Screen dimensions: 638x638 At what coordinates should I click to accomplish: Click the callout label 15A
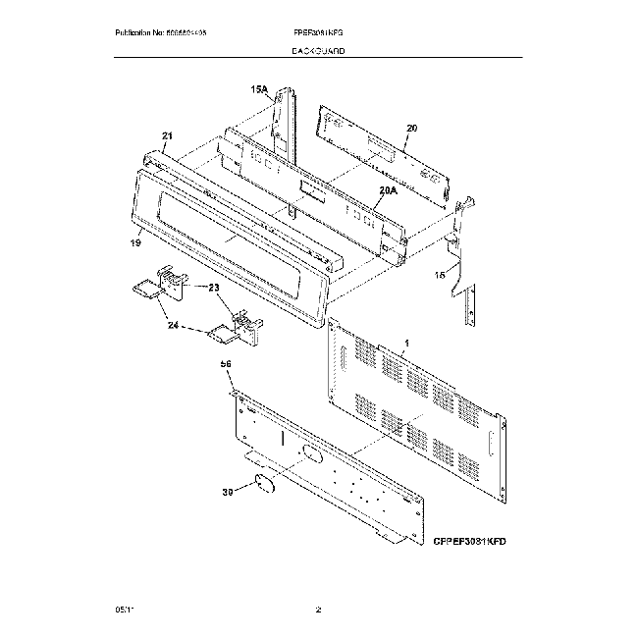259,89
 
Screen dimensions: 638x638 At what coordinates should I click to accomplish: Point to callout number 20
411,128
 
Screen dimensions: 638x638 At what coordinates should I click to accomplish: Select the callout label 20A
387,190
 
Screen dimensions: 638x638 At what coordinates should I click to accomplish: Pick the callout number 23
215,289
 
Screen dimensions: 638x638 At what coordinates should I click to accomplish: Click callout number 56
226,364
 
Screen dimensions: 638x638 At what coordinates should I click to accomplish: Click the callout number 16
441,277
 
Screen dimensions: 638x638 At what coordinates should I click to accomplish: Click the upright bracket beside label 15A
287,123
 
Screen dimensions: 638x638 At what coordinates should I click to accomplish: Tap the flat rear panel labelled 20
383,147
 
